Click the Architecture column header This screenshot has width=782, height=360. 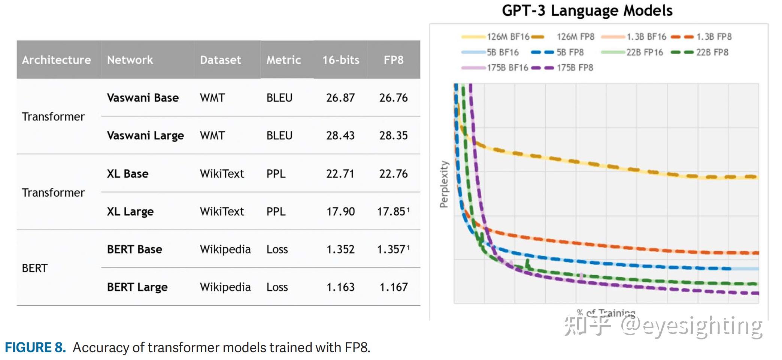(x=56, y=60)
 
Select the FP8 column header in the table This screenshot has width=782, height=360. (x=393, y=60)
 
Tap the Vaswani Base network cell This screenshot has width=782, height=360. (x=143, y=98)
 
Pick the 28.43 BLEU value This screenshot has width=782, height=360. (x=340, y=136)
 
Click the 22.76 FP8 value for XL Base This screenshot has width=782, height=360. (x=393, y=174)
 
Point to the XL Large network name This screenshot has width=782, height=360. (x=130, y=212)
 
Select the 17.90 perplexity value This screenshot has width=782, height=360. (x=340, y=212)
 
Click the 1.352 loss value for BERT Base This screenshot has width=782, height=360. (x=340, y=249)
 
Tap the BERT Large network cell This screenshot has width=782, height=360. (x=137, y=287)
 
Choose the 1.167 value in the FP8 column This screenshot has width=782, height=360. (x=393, y=287)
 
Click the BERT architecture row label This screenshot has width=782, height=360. (x=35, y=268)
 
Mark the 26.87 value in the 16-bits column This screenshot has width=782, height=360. (x=340, y=98)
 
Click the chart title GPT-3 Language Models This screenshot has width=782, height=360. (x=587, y=10)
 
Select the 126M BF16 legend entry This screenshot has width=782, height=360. (x=508, y=37)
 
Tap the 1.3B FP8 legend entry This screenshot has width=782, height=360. (x=713, y=37)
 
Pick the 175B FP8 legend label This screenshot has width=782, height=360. (x=575, y=68)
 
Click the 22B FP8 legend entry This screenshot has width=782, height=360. (x=712, y=52)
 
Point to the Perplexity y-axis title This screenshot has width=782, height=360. (x=444, y=184)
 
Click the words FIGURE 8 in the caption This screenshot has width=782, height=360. (x=35, y=348)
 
